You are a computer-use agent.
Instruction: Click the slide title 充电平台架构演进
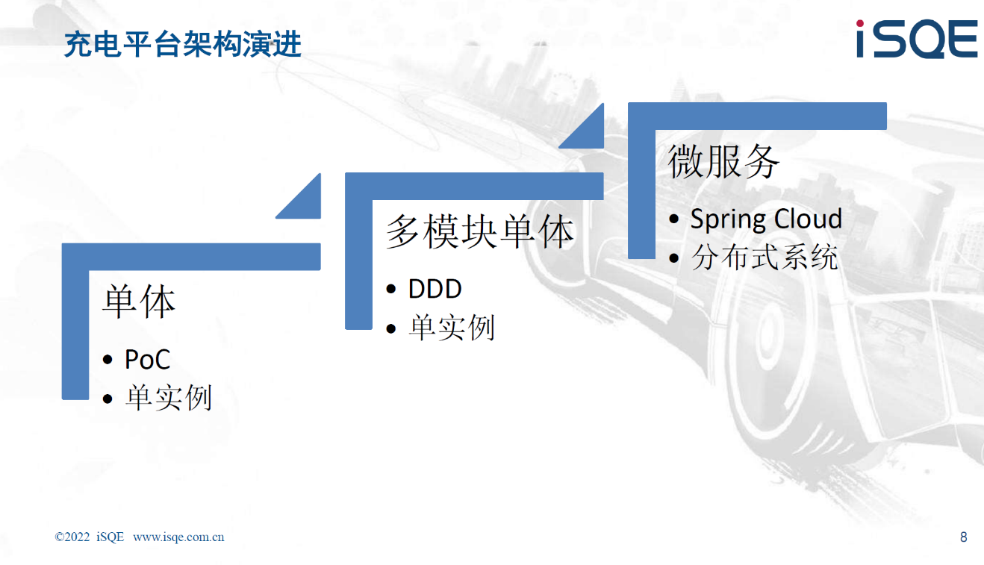pos(183,44)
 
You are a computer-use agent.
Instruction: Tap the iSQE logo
pos(918,39)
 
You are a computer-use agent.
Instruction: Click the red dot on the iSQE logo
pos(860,23)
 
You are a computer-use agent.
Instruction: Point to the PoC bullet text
pos(147,359)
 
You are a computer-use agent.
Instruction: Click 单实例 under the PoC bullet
pos(169,398)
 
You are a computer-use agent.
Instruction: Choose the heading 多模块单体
pos(480,231)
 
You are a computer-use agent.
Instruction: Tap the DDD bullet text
pos(435,289)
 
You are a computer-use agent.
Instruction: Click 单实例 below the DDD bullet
pos(452,328)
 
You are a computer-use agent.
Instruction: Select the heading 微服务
pos(723,161)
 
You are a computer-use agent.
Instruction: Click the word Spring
pos(727,220)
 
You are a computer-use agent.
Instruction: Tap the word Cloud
pos(808,218)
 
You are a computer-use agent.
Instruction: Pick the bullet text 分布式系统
pos(765,257)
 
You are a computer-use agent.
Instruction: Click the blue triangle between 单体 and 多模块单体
pos(306,203)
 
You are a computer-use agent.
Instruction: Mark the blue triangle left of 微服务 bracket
pos(588,133)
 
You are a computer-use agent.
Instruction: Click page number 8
pos(963,537)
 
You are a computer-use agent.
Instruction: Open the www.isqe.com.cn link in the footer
pos(178,537)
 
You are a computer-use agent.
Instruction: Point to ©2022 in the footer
pos(72,537)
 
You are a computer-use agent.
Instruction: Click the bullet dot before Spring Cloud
pos(674,219)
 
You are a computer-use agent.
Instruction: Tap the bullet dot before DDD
pos(391,289)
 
